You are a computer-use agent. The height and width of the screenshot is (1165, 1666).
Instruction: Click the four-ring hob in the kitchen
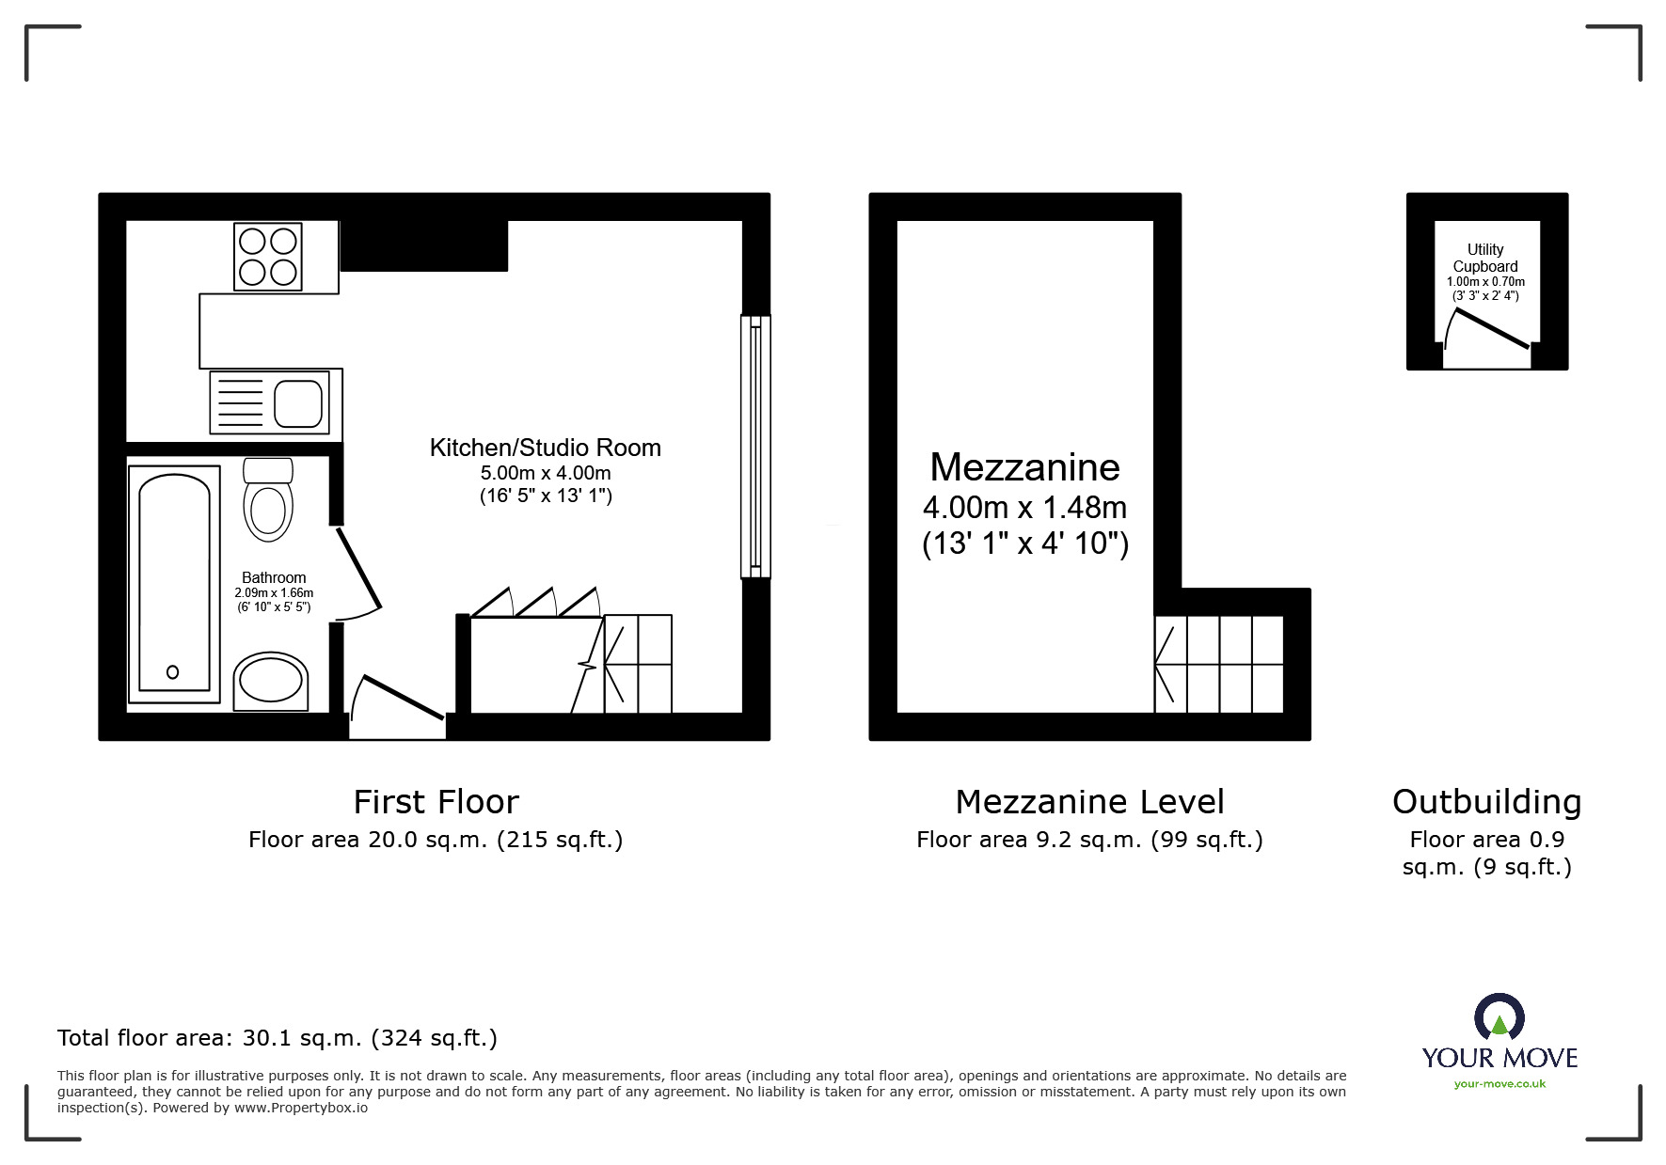coord(268,257)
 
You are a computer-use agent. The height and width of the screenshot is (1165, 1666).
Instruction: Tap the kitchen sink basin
coord(299,403)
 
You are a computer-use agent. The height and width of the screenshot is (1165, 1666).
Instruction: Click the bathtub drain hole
coord(172,672)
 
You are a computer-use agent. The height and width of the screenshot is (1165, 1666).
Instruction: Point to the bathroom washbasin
coord(271,682)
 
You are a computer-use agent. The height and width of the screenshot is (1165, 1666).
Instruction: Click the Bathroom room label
coord(274,577)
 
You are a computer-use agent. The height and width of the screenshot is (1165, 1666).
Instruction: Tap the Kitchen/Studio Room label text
coord(545,448)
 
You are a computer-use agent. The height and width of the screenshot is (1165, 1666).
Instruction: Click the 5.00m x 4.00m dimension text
coord(545,473)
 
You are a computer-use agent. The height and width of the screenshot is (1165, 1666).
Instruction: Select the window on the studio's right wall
coord(755,447)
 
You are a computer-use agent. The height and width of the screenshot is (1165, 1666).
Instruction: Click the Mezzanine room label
coord(1024,467)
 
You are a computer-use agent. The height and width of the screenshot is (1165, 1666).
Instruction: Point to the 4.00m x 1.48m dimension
coord(1024,508)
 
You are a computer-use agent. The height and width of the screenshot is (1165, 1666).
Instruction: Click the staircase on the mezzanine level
coord(1219,664)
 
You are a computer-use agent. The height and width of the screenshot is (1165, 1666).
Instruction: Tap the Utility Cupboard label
coord(1485,258)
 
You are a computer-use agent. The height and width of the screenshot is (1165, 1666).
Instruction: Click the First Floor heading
coord(436,802)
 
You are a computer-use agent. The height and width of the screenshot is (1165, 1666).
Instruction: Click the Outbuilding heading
coord(1486,802)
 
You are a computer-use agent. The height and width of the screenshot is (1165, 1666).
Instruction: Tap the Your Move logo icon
coord(1499,1018)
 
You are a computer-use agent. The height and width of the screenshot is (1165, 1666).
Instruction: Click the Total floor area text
coord(278,1038)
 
